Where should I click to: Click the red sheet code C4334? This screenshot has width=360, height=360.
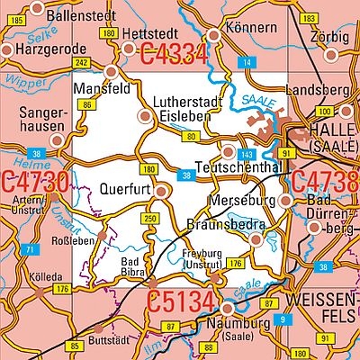tap(175, 55)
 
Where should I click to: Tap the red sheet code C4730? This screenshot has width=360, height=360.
tap(33, 183)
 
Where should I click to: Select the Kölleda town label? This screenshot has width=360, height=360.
tap(45, 277)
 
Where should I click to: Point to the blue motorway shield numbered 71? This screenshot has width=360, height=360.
tap(30, 249)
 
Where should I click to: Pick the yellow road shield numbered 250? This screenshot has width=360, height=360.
tap(149, 220)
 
